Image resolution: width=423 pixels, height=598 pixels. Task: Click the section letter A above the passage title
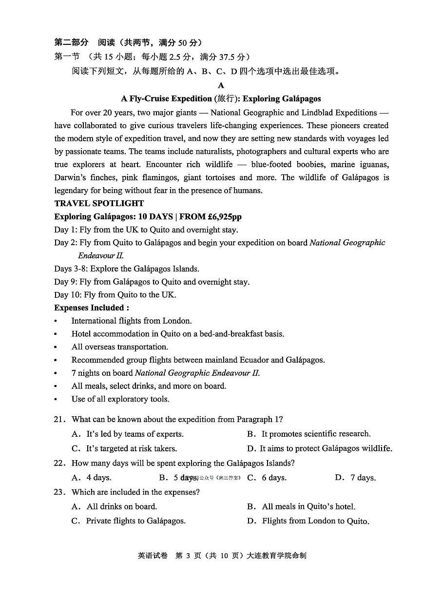click(221, 85)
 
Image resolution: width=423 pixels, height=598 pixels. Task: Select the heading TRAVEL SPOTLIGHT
click(99, 203)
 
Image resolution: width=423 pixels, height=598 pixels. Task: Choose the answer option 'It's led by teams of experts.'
click(135, 434)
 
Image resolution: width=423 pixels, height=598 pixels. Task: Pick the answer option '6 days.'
click(274, 478)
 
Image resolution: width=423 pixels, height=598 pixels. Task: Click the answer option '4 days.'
click(98, 478)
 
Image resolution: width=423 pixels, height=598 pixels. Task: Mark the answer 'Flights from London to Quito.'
click(315, 521)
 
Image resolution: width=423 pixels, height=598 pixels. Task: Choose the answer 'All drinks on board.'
click(121, 506)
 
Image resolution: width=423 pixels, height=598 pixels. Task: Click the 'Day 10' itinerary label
click(67, 295)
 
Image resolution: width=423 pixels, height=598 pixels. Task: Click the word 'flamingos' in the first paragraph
click(164, 177)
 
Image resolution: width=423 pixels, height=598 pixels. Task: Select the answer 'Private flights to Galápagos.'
click(135, 521)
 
